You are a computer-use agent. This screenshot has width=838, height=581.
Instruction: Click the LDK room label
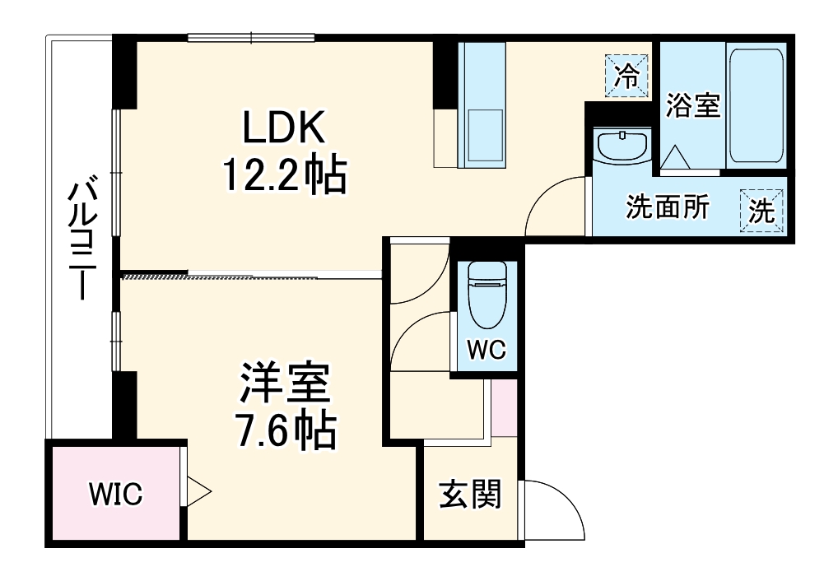(x=284, y=129)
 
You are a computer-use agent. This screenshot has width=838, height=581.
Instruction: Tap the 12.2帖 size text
(x=284, y=174)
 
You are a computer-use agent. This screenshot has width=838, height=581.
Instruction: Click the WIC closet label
(x=115, y=495)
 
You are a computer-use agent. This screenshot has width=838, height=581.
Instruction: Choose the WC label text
(x=487, y=350)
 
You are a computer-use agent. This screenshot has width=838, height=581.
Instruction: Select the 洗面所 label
(x=668, y=208)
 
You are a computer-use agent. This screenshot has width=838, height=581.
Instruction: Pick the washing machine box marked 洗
(x=761, y=211)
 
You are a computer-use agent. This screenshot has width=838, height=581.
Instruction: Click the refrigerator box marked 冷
(x=627, y=77)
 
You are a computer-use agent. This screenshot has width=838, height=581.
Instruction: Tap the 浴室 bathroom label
(x=692, y=105)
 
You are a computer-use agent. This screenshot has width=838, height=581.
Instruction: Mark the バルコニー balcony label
(x=80, y=239)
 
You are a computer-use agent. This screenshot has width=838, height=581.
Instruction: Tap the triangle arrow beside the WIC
(x=198, y=492)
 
